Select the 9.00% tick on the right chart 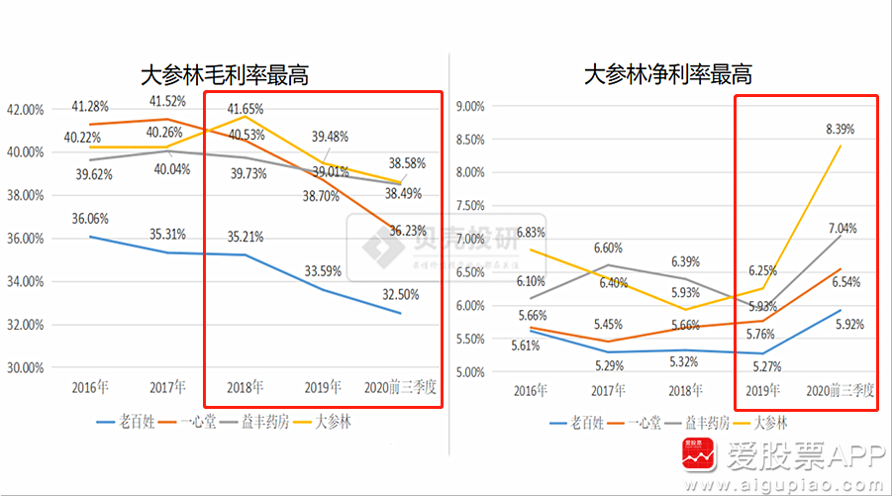click(x=466, y=105)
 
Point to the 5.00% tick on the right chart click(x=466, y=372)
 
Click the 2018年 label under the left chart click(x=245, y=386)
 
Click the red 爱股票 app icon click(x=697, y=458)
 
